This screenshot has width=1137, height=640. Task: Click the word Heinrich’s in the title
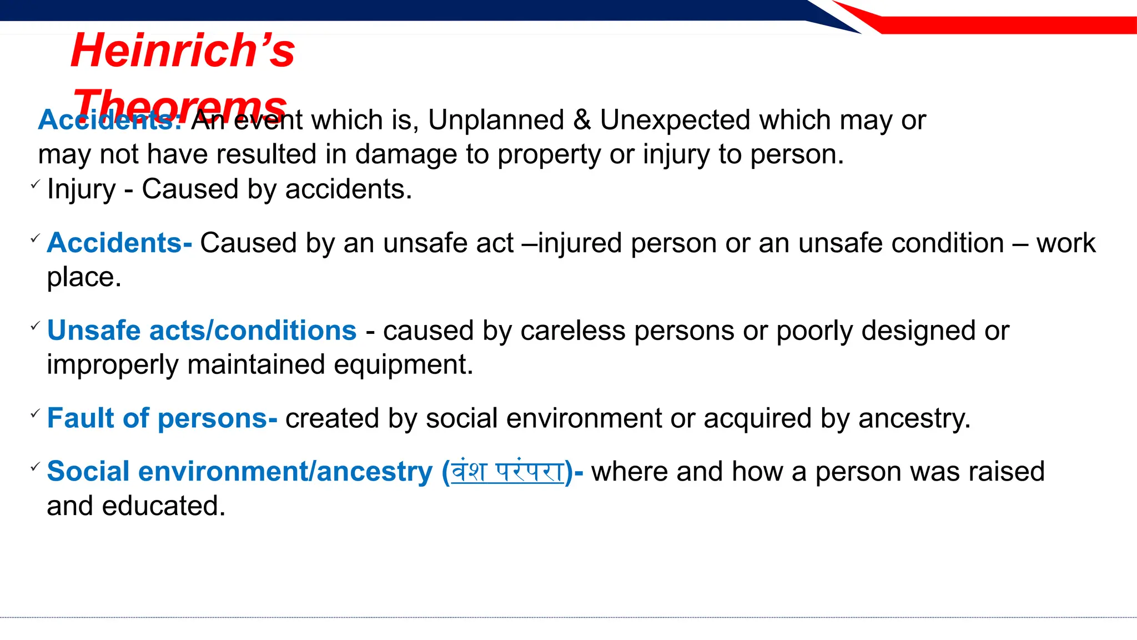(183, 51)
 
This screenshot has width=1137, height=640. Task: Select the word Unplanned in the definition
(496, 120)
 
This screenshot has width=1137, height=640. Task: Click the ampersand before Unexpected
(582, 120)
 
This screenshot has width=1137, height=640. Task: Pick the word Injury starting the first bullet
(81, 190)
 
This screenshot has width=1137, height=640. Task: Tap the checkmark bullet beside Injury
(35, 184)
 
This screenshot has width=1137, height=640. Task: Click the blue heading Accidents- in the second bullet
(119, 243)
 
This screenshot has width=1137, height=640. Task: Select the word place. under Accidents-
(84, 277)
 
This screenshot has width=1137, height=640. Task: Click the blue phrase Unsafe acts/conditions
(202, 331)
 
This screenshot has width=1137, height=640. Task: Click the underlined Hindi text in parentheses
(507, 472)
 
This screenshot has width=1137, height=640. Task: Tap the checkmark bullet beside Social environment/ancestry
(35, 467)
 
